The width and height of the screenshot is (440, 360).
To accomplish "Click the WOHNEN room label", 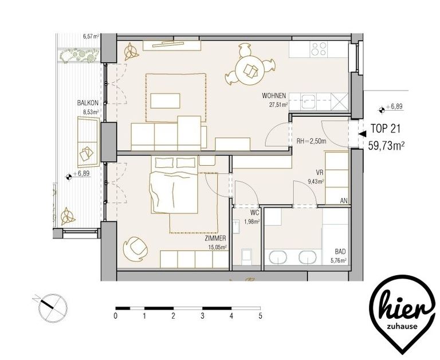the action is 274,96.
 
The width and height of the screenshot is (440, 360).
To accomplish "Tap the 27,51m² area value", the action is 278,105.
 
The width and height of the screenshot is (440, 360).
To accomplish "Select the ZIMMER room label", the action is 215,238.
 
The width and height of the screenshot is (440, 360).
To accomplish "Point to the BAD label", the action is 340,251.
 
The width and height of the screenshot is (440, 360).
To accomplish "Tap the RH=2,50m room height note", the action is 312,141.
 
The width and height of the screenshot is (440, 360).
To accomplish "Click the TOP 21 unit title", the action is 386,128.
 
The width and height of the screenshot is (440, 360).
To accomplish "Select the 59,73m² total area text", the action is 386,146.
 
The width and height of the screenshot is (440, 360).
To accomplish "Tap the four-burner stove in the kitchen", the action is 319,49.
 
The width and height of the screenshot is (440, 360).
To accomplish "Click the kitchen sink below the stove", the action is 308,102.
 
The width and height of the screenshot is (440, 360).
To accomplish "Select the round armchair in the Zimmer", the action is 135,248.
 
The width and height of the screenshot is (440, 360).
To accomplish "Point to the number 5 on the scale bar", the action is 261,316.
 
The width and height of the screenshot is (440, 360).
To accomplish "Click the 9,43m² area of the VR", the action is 316,181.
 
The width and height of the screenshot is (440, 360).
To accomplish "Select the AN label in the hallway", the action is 344,201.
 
